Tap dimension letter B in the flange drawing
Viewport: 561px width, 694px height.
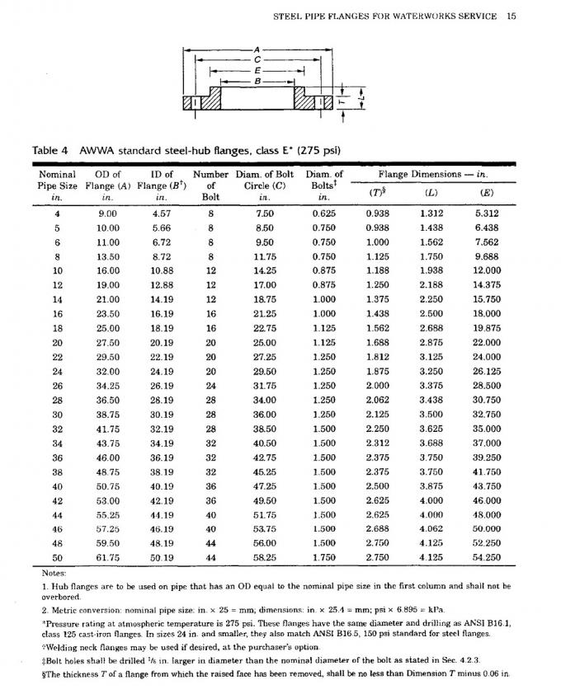(x=259, y=81)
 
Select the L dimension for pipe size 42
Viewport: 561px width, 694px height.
(x=431, y=500)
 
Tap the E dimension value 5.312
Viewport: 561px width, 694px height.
(x=487, y=213)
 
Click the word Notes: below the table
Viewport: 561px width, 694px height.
(x=53, y=572)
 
